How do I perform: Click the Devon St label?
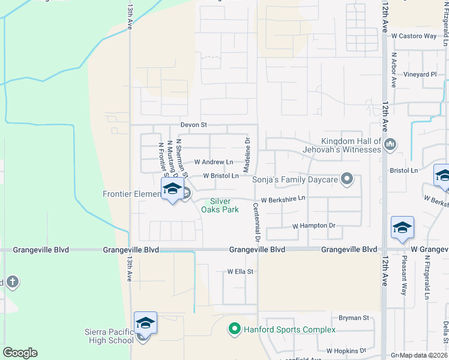pyautogui.click(x=194, y=125)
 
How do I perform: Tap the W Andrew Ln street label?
pyautogui.click(x=214, y=162)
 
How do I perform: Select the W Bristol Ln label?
pyautogui.click(x=221, y=176)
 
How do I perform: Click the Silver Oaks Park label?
pyautogui.click(x=224, y=205)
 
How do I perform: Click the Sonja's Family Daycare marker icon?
pyautogui.click(x=346, y=179)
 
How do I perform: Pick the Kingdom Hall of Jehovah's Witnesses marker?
pyautogui.click(x=390, y=143)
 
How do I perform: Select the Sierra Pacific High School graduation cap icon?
pyautogui.click(x=146, y=323)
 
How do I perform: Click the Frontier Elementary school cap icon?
pyautogui.click(x=172, y=188)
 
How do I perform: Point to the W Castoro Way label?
pyautogui.click(x=414, y=36)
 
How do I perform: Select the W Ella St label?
pyautogui.click(x=241, y=271)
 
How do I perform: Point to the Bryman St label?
pyautogui.click(x=354, y=317)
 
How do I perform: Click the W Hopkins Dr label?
pyautogui.click(x=346, y=350)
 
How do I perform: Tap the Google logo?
pyautogui.click(x=20, y=352)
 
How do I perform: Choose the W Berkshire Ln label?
pyautogui.click(x=283, y=197)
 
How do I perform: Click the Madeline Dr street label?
pyautogui.click(x=247, y=153)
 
